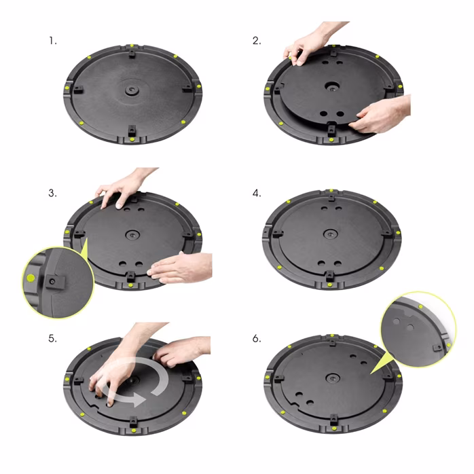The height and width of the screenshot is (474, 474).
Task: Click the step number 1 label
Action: [x=52, y=41]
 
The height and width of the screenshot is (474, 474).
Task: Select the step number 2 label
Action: [x=256, y=41]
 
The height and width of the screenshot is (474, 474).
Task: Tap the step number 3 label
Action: [x=52, y=193]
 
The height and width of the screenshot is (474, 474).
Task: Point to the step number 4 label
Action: [x=256, y=193]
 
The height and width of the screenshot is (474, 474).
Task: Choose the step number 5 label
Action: [x=52, y=338]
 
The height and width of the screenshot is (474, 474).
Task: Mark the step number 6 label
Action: [x=256, y=338]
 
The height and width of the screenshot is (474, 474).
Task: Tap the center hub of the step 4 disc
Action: [x=331, y=234]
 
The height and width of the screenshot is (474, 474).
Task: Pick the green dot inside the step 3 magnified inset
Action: [x=31, y=278]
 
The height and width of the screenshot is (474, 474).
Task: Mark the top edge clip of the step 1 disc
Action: [x=130, y=51]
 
